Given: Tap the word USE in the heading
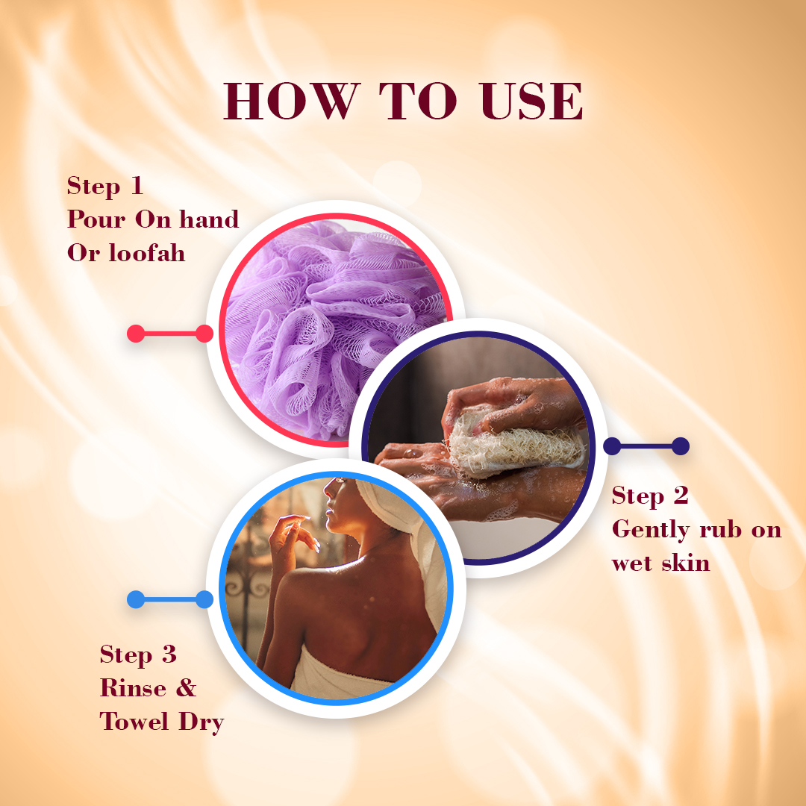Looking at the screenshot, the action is click(x=531, y=101).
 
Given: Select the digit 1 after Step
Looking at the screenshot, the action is click(x=137, y=186).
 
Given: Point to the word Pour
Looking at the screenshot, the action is click(x=96, y=219).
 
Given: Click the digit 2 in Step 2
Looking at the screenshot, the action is click(x=681, y=496).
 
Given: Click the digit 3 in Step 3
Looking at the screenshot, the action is click(x=169, y=655).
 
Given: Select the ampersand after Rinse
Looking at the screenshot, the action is click(x=186, y=688).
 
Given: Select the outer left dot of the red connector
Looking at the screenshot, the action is click(x=136, y=334).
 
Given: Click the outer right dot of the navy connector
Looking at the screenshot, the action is click(x=680, y=446).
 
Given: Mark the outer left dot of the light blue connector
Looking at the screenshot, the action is click(x=136, y=599).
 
